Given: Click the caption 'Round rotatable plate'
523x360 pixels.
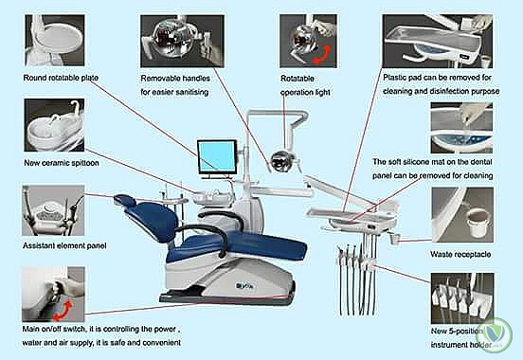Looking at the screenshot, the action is (61, 78).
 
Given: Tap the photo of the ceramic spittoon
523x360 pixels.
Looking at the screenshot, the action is (54, 125).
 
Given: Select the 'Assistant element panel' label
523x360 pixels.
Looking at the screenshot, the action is (64, 246).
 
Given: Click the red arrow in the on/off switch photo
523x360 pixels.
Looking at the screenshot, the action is (63, 310).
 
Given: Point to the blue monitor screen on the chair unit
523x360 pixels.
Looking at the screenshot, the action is (217, 155).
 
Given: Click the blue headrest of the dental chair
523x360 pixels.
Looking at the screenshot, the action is (125, 200).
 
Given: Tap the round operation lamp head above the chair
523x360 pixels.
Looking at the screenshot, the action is (280, 160).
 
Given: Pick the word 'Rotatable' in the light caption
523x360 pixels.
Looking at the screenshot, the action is (298, 79).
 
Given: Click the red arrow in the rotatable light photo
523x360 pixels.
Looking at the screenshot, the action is (321, 54).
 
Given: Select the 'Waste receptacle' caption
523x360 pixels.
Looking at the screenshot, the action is (460, 255).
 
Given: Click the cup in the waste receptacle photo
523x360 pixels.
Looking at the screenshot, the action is (478, 222).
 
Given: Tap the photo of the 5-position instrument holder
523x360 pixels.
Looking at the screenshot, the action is (462, 297).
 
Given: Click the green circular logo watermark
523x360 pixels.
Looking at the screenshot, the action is (498, 333).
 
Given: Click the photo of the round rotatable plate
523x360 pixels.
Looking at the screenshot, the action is (55, 40).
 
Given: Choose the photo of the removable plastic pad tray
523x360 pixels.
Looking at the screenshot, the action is (438, 41).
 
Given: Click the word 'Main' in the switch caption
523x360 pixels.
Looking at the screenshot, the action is (30, 330).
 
